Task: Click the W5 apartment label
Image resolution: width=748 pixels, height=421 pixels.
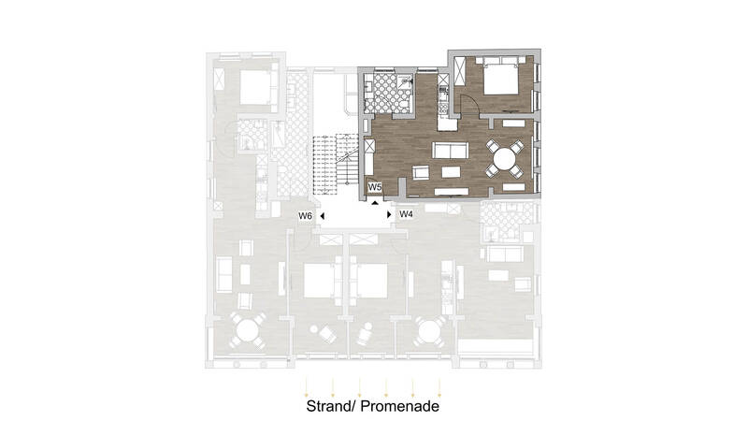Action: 375,186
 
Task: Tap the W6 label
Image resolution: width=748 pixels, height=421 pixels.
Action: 306,216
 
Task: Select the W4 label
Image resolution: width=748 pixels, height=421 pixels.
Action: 406,214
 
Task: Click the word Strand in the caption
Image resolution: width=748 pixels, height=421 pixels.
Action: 330,406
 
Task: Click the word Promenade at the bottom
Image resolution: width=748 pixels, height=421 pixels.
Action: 400,406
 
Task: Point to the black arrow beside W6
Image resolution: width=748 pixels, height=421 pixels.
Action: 323,216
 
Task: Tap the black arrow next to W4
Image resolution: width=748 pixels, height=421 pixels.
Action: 389,215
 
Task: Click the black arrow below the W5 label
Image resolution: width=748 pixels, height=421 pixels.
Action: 375,202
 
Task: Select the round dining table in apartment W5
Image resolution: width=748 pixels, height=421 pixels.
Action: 505,158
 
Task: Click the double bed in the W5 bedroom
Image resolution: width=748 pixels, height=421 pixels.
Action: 500,77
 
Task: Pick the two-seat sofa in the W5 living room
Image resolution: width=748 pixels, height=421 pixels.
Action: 451,150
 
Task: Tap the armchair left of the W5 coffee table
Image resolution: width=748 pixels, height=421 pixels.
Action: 421,172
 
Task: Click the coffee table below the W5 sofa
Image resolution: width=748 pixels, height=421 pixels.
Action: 451,172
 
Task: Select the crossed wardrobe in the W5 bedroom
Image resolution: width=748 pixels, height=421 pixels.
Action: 459,72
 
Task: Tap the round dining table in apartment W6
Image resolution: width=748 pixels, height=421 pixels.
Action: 247,330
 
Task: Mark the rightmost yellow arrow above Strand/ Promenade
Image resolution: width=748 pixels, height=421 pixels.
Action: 439,387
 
